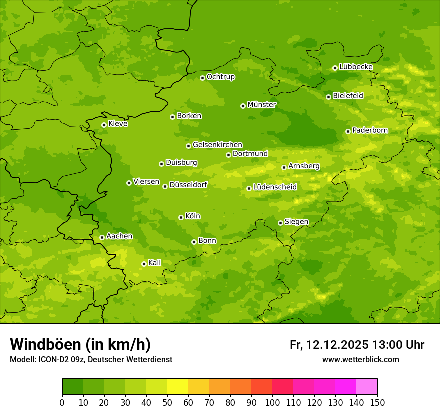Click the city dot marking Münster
pos(243,106)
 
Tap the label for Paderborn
pos(370,130)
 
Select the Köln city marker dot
pos(181,217)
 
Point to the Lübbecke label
pos(356,67)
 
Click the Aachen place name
pos(119,236)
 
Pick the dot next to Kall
pos(144,264)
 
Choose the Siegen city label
pos(296,222)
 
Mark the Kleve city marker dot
pos(104,125)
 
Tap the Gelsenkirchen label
pos(217,145)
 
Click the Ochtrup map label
pos(220,77)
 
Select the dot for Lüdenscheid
pos(249,188)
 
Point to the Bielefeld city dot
pos(328,97)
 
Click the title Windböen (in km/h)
pos(80,344)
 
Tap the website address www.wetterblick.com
pos(360,359)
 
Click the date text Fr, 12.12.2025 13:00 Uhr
pos(357,345)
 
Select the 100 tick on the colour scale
pos(272,402)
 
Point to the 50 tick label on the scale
pos(167,402)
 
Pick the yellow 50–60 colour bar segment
pos(178,387)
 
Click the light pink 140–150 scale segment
pos(367,387)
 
